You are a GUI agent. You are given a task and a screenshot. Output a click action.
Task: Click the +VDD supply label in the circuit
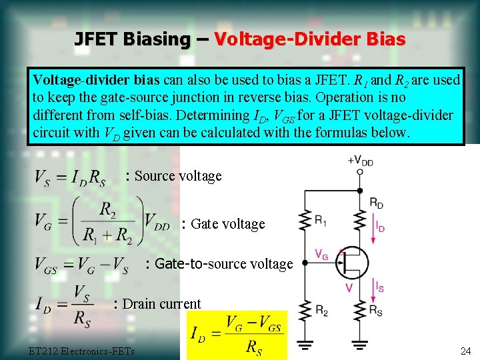click(360, 160)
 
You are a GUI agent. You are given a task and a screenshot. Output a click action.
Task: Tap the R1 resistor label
click(321, 219)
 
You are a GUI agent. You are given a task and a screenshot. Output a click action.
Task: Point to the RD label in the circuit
click(377, 203)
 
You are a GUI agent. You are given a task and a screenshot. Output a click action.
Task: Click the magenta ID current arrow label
click(380, 227)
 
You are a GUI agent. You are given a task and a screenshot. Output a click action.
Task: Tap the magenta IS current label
click(379, 287)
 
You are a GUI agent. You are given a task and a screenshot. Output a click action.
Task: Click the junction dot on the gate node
click(305, 263)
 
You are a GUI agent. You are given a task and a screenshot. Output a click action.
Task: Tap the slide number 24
click(465, 351)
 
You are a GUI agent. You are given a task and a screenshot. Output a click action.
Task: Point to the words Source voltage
click(177, 176)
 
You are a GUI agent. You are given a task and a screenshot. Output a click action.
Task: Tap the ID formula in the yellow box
click(237, 335)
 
